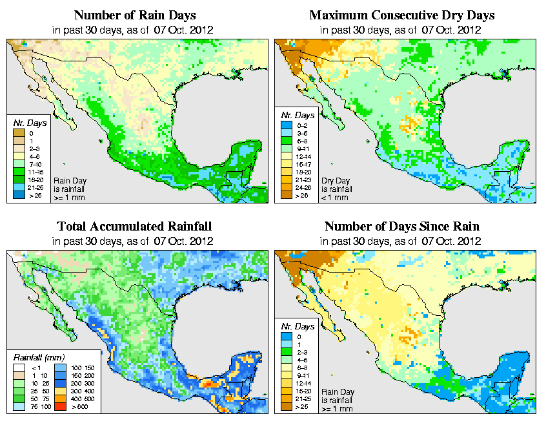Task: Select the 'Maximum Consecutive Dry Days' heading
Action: pos(401,15)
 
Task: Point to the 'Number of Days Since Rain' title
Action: pos(401,227)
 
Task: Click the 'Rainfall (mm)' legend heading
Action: pos(39,356)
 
